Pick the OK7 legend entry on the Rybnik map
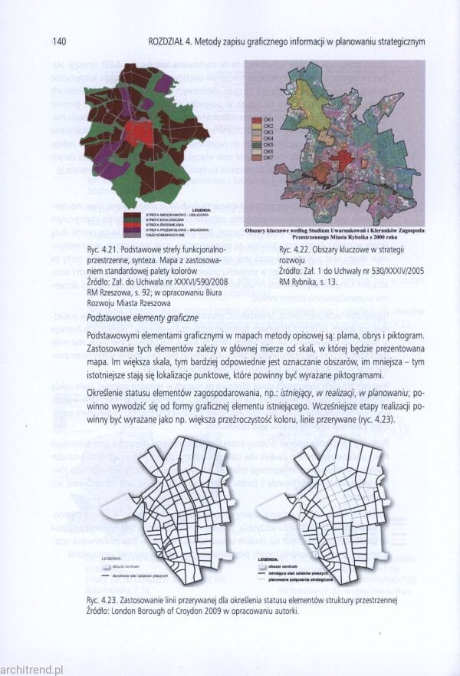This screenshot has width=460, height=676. coord(268,158)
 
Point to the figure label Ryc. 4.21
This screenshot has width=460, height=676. coord(104,251)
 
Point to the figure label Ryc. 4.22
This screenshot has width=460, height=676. coord(296,251)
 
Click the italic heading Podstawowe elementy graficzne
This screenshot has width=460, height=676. coord(143,318)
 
